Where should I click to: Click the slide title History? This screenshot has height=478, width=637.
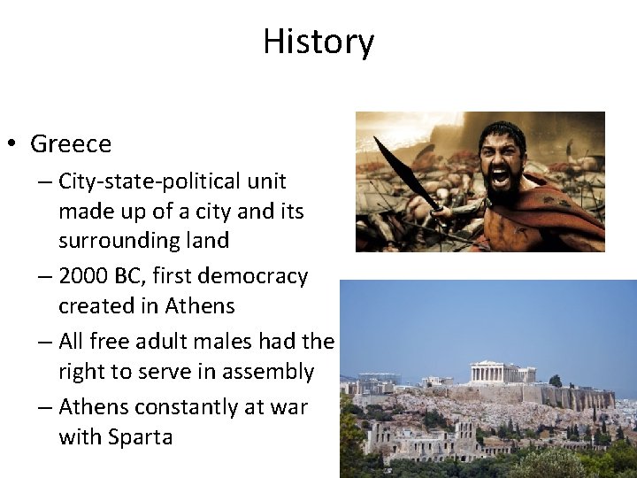click(318, 42)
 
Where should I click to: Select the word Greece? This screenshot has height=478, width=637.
click(71, 143)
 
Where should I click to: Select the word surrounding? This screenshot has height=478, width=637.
click(117, 241)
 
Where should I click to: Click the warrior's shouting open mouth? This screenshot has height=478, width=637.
click(500, 176)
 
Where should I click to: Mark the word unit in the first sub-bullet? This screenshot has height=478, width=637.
click(268, 181)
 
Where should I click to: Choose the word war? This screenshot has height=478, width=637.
click(287, 407)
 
